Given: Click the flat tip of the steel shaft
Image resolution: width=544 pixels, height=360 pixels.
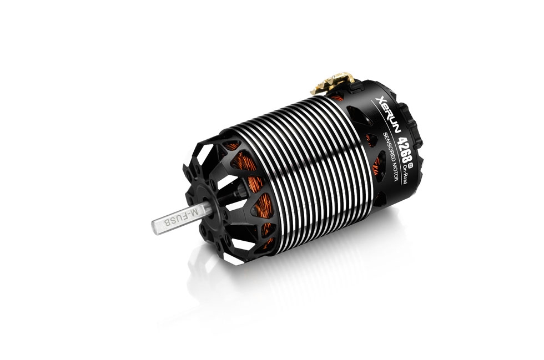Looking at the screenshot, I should (x=154, y=227).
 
